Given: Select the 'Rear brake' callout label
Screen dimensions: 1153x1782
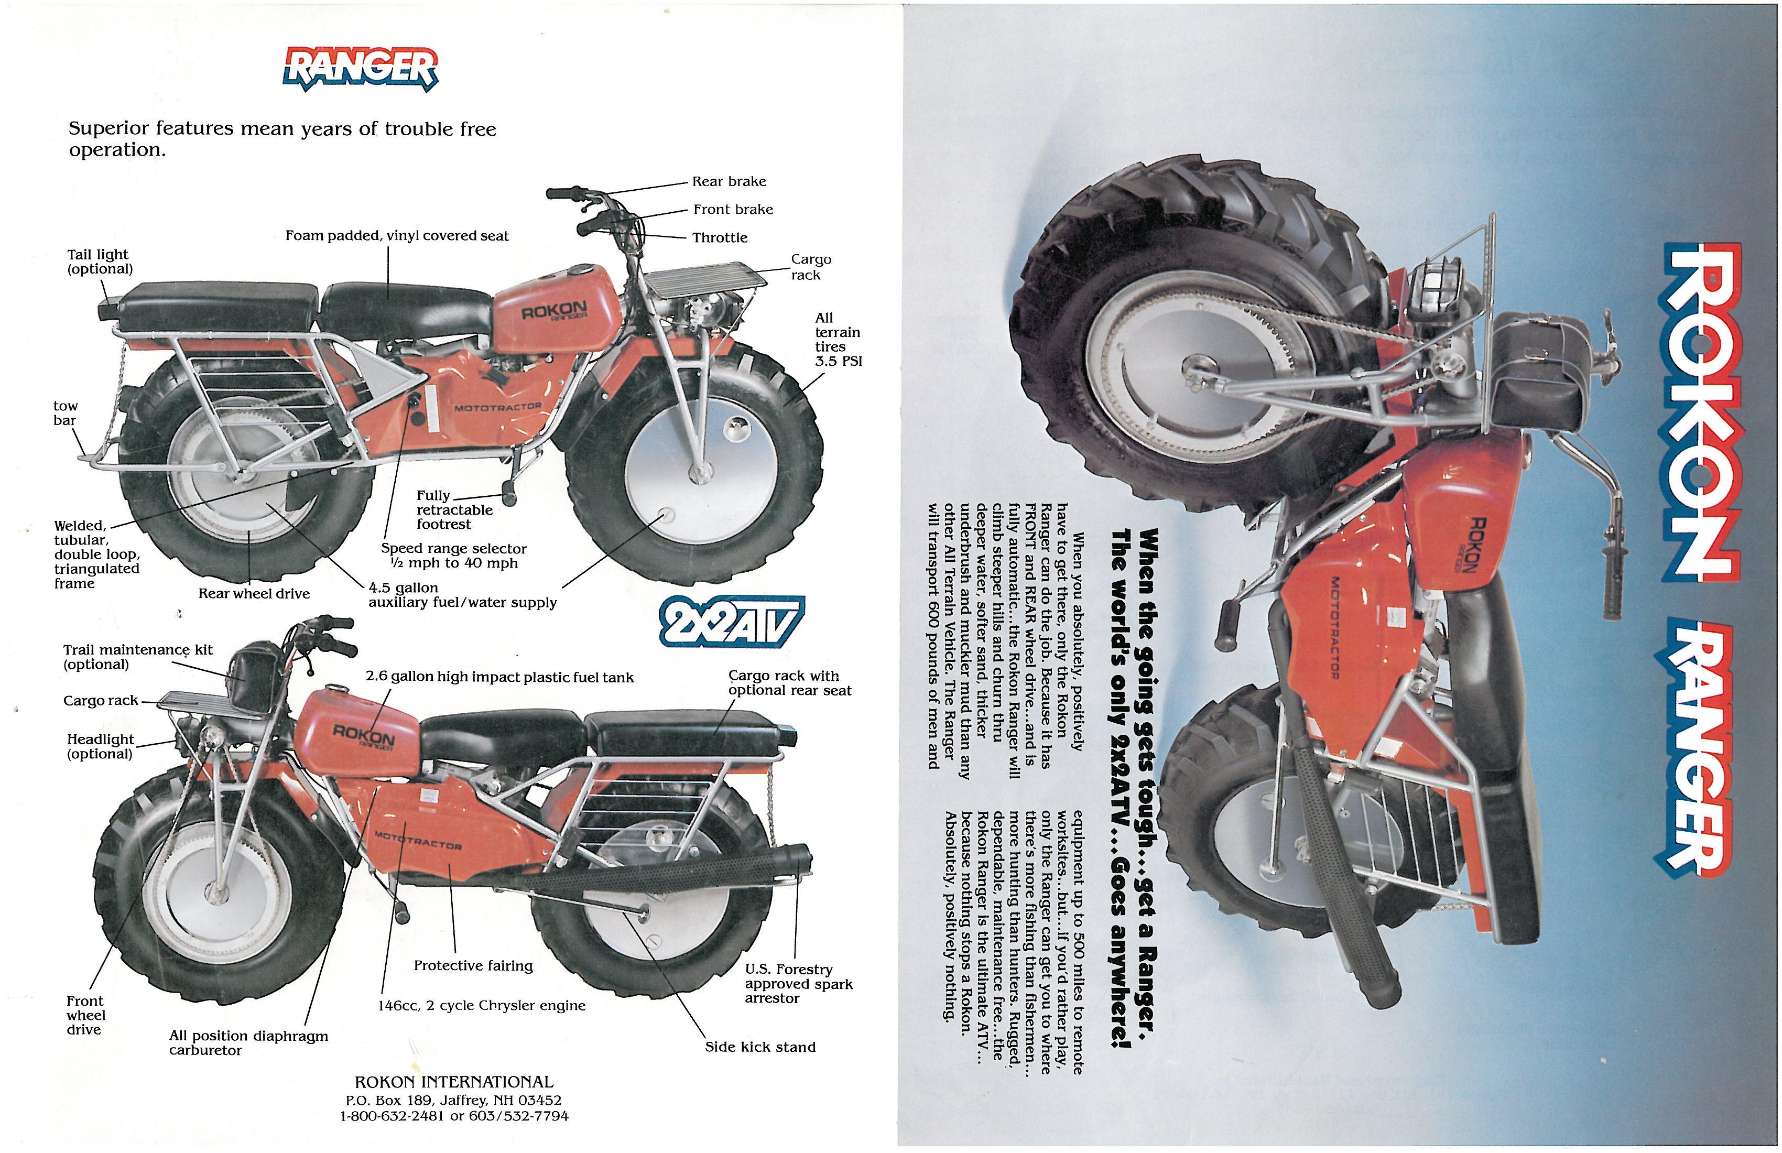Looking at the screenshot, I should click(x=729, y=182).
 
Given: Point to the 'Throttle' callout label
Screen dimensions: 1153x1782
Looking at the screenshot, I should click(x=720, y=238).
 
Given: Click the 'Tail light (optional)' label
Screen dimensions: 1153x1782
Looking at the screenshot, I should click(x=99, y=262).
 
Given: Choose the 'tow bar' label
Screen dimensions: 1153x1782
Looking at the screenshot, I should click(x=65, y=412).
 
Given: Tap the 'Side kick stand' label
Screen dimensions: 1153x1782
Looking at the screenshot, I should click(x=760, y=1047).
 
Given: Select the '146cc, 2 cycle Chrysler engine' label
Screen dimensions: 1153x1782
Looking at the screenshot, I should click(x=482, y=1006).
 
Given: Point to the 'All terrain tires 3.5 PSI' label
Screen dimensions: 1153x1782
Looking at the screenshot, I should click(x=838, y=339).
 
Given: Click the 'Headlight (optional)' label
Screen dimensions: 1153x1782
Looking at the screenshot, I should click(x=100, y=746).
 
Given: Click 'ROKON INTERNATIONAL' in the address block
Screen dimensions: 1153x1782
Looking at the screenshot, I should click(x=454, y=1082).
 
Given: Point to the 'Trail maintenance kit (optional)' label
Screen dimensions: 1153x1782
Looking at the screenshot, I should click(x=138, y=657).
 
